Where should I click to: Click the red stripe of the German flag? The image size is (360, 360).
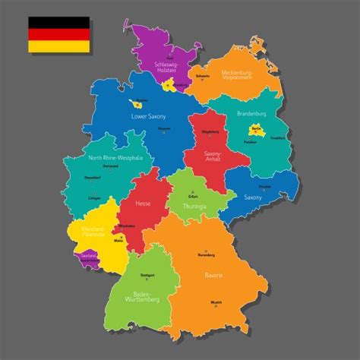point(58,34)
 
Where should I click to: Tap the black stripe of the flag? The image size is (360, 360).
point(58,23)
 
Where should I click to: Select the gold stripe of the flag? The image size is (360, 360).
point(58,46)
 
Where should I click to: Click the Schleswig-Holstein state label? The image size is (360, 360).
point(165,68)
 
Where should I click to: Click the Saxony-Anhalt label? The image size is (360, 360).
point(213,156)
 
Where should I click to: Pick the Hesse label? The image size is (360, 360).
point(142,204)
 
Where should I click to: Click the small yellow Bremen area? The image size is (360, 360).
point(138,103)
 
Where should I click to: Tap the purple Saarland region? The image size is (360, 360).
point(90,258)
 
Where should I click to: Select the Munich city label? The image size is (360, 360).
point(216,302)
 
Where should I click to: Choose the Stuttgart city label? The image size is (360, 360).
point(147,275)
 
